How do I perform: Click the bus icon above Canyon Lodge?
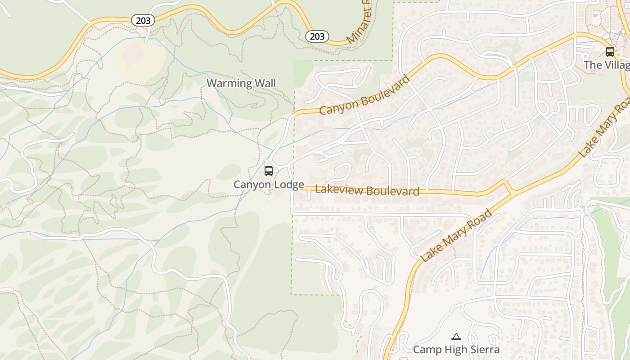click(269, 171)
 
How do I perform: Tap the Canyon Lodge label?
click(269, 184)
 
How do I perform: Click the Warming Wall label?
click(241, 83)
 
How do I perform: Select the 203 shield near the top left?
click(143, 20)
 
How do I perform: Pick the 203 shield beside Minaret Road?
click(317, 36)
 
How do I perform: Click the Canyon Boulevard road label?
click(365, 95)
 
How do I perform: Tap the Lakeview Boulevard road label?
click(367, 190)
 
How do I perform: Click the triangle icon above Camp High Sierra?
click(456, 337)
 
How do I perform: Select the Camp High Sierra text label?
click(456, 349)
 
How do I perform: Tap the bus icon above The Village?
click(610, 52)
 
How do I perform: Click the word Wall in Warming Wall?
click(265, 83)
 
